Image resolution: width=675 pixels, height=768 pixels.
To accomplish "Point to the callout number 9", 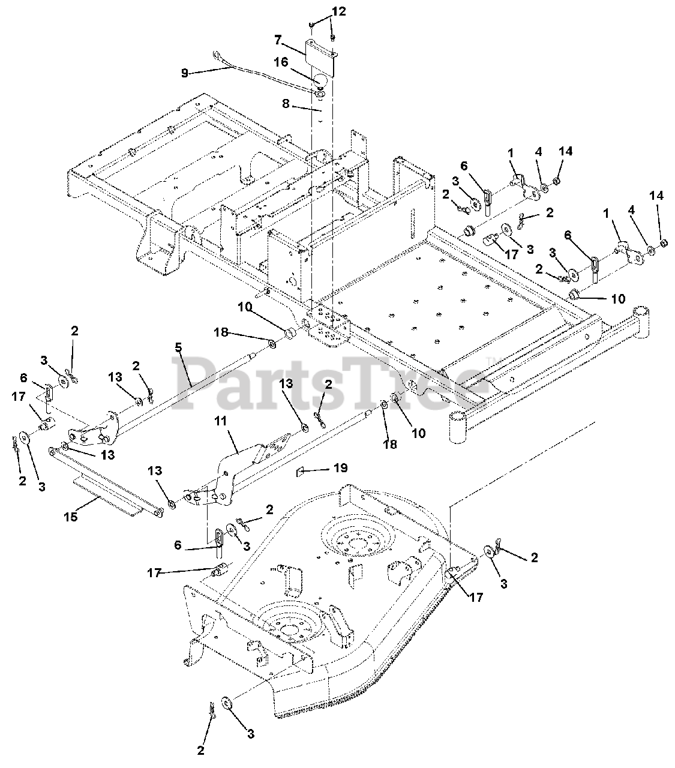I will pyautogui.click(x=185, y=73).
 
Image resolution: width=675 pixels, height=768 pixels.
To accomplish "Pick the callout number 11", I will pyautogui.click(x=221, y=421).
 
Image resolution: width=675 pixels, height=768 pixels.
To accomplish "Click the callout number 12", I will pyautogui.click(x=339, y=12).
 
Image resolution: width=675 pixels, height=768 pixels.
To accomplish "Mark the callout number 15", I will pyautogui.click(x=71, y=516).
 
